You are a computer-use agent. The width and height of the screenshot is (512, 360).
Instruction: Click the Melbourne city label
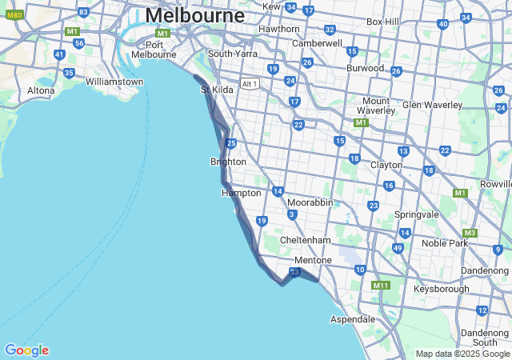pos(194,15)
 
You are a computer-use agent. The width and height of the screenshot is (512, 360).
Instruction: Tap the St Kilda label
pos(217,90)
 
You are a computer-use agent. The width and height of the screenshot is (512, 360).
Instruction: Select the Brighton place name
pos(228,162)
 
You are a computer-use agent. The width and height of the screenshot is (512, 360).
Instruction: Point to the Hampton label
pos(241,193)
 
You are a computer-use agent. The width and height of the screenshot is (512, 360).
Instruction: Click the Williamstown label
pos(114,82)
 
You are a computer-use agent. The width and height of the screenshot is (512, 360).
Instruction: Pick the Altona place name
pos(41,90)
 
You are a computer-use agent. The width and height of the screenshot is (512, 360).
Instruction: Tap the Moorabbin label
pos(310,202)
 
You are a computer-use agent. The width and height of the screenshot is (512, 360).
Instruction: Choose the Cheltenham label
pos(305,240)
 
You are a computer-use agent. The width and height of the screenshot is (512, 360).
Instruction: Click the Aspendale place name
pos(353,319)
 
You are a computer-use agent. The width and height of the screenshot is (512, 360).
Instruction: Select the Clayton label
pos(386,165)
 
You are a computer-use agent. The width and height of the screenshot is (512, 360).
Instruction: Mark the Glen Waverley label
pos(432,105)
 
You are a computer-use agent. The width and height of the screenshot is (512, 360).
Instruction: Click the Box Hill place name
pos(382,22)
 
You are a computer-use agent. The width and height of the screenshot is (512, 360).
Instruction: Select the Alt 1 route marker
pos(250,83)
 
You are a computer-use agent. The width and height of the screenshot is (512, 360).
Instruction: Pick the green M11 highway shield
pos(380,285)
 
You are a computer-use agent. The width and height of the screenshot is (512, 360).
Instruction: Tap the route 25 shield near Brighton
pos(231,143)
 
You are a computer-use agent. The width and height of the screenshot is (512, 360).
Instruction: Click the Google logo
pos(26,350)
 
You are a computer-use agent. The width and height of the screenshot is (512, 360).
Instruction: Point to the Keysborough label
pos(442,289)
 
